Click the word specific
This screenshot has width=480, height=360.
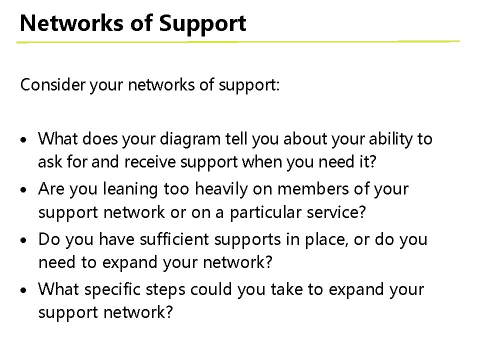pyautogui.click(x=110, y=289)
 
